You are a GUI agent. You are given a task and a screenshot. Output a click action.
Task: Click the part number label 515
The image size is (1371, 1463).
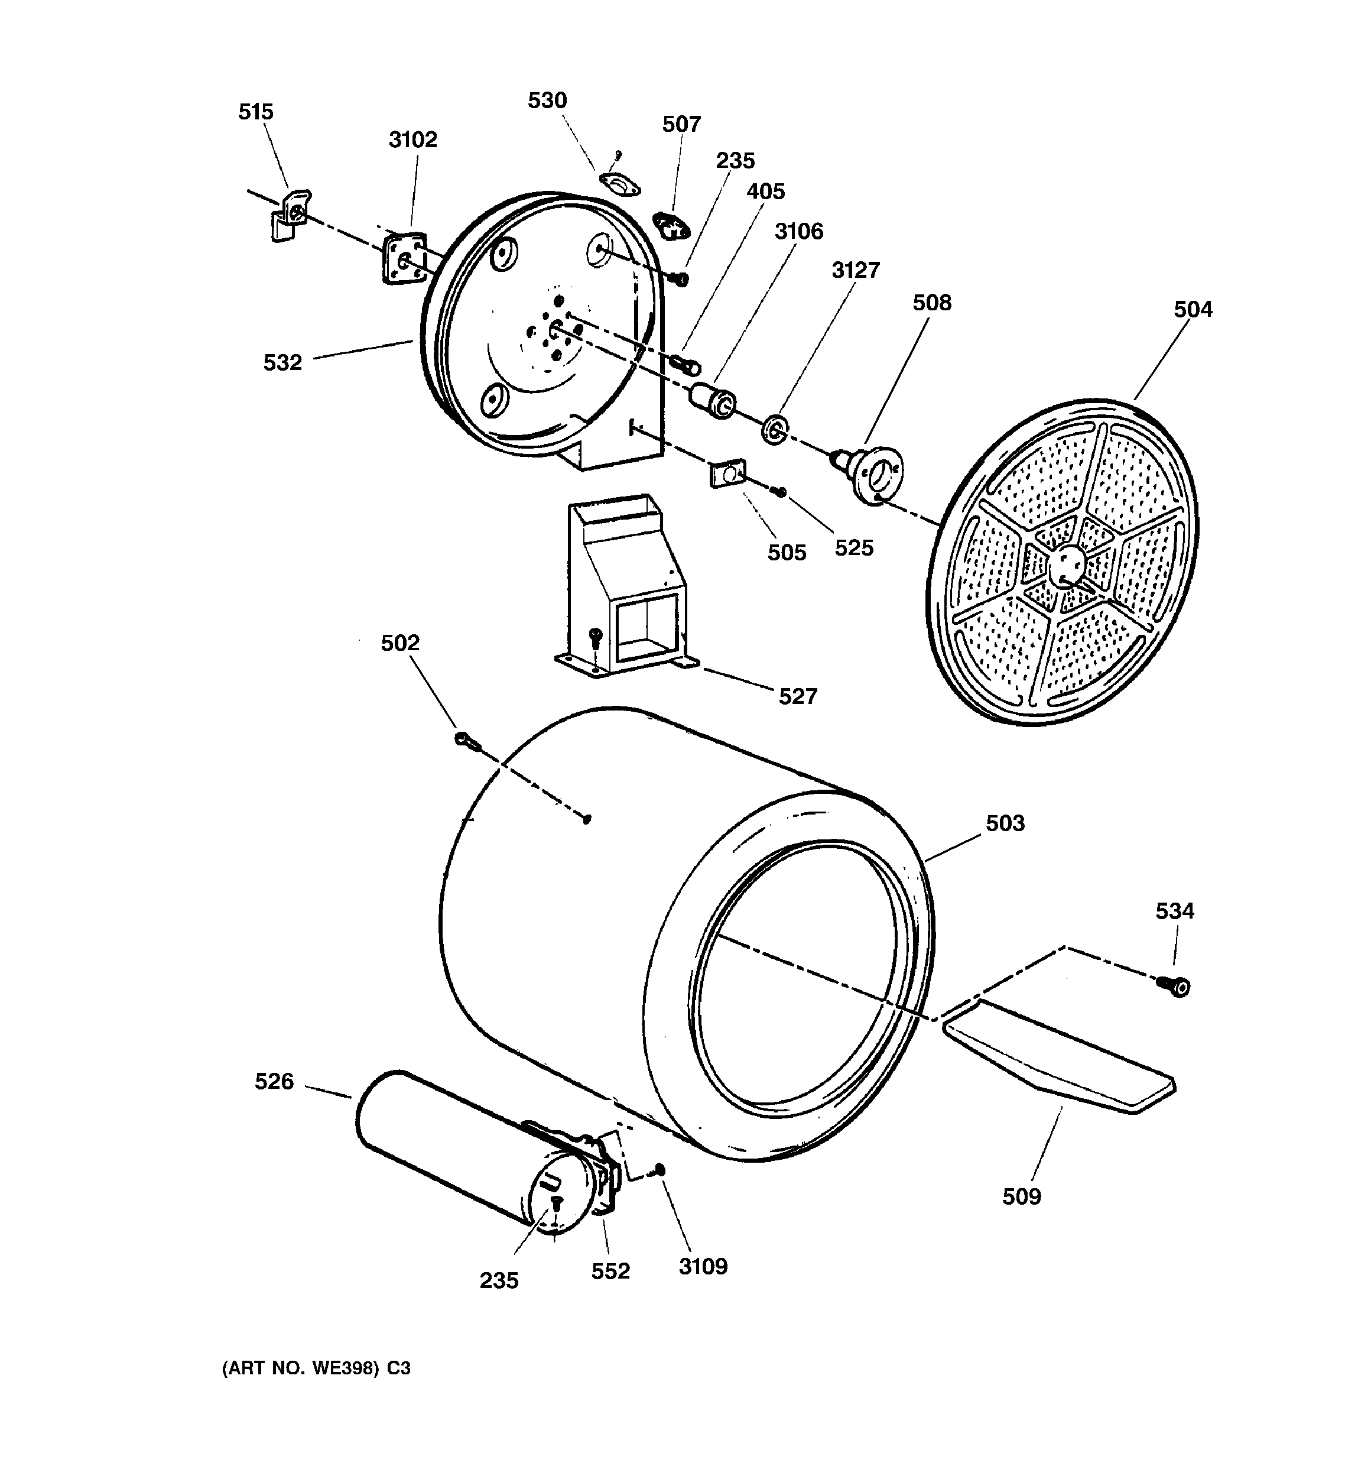click(255, 112)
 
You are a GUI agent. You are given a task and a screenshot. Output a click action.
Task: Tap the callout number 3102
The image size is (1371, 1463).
click(413, 139)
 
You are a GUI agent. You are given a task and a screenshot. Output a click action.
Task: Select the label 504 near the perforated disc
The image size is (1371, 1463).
click(1192, 309)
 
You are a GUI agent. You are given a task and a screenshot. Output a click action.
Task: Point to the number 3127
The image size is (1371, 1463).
click(855, 270)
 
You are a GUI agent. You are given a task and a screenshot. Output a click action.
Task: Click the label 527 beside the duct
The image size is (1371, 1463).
click(798, 696)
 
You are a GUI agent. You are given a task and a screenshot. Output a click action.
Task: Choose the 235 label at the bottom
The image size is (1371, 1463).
click(499, 1280)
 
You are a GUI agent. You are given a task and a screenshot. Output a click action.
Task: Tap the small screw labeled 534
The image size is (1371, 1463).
click(1176, 985)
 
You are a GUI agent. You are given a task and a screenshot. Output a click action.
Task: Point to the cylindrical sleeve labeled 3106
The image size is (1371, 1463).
click(712, 400)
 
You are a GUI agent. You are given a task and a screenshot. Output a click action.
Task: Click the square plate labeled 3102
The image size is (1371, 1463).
click(403, 258)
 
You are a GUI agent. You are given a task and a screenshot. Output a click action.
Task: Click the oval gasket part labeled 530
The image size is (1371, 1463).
click(620, 184)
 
